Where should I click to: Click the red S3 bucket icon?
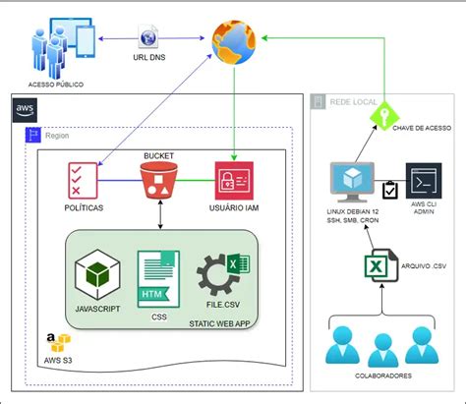click(x=157, y=180)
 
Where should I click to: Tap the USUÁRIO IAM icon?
click(x=235, y=180)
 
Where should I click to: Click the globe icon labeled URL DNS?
click(x=148, y=39)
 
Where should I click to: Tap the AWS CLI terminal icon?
click(x=424, y=183)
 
